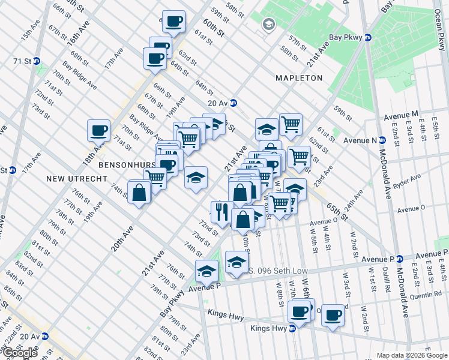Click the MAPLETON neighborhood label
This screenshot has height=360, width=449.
[x=299, y=78]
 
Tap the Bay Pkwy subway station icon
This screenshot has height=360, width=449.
[x=368, y=37]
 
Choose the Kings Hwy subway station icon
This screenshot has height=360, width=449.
[x=292, y=328]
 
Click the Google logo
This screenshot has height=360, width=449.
[x=20, y=353]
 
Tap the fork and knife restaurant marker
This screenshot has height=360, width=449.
[x=221, y=212]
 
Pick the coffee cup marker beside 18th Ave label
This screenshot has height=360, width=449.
[x=98, y=130]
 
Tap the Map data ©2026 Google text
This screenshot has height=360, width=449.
[x=411, y=355]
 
